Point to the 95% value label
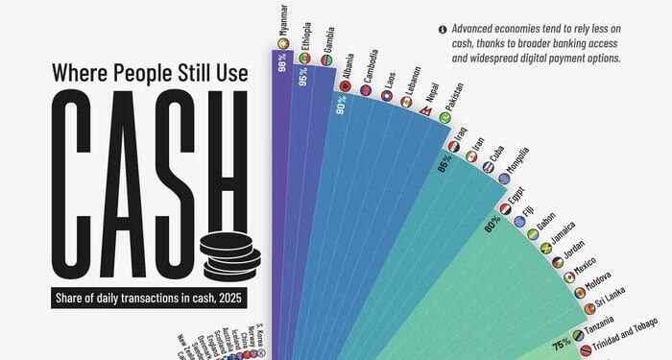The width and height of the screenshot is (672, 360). coord(303,80)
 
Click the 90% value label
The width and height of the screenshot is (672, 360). coord(341,107)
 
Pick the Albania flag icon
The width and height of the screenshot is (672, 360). coord(345,86)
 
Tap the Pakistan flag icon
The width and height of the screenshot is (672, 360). coord(445,117)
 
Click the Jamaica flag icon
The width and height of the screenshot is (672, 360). coord(546,248)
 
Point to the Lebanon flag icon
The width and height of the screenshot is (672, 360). coord(405,101)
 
